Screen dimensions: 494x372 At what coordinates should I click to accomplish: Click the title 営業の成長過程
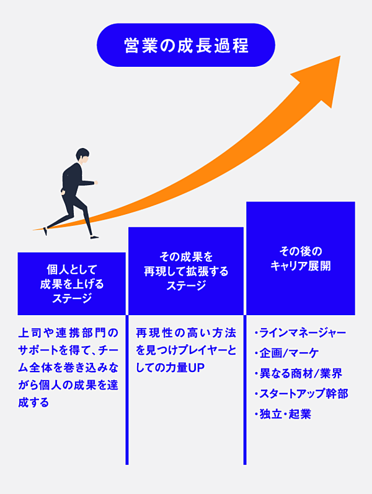pos(185,45)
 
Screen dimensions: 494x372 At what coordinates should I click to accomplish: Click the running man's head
pos(82,156)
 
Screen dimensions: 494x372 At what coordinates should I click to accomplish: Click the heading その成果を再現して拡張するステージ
pos(186,271)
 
